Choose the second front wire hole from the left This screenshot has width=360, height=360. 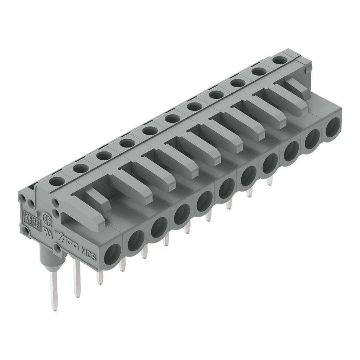136,240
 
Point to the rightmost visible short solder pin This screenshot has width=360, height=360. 270,182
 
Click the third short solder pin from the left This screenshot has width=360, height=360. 144,252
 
